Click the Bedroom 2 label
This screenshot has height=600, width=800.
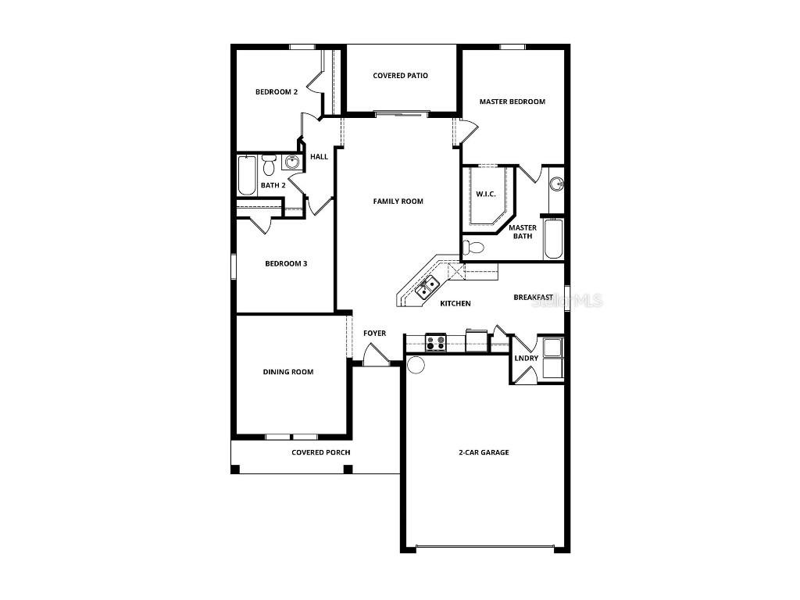[x=277, y=92]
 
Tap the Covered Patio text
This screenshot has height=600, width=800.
[x=400, y=76]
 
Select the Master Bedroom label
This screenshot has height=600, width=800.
[x=512, y=102]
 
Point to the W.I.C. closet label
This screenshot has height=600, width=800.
[x=486, y=194]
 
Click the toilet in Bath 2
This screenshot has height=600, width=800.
[x=269, y=164]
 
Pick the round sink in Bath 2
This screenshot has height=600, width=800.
[x=291, y=162]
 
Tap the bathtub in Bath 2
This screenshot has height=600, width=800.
[x=246, y=175]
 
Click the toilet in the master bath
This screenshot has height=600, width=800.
[x=473, y=248]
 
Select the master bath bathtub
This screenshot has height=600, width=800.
[x=554, y=239]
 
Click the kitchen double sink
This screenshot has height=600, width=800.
[x=427, y=288]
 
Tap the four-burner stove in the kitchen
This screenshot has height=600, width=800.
[x=435, y=342]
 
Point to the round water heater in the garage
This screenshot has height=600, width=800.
[x=416, y=364]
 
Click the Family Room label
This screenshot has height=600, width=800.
[x=398, y=202]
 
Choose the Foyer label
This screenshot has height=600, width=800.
[x=374, y=334]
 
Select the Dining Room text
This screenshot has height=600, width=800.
[x=287, y=372]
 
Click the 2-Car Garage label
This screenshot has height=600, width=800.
[x=484, y=452]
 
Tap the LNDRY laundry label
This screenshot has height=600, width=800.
[x=526, y=359]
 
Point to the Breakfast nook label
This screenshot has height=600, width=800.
[x=533, y=298]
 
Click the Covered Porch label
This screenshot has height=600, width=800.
[x=320, y=453]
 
